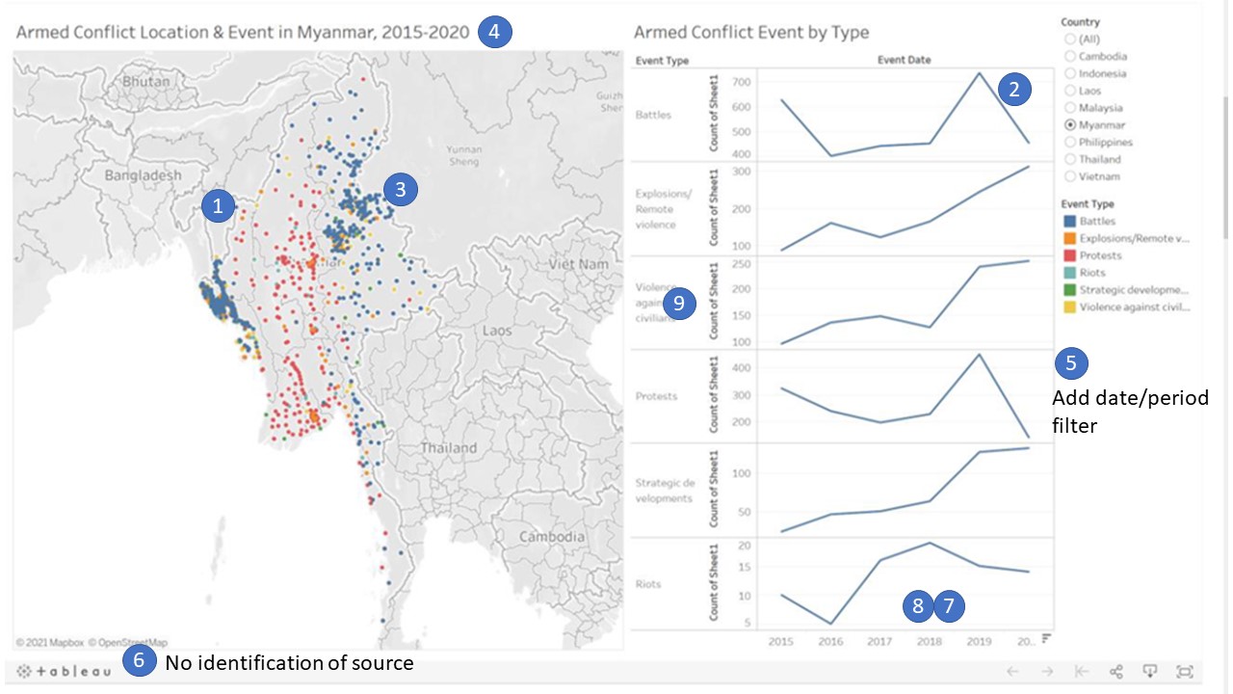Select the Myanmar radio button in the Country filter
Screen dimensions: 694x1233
[x=1070, y=125]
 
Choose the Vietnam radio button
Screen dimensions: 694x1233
[x=1070, y=176]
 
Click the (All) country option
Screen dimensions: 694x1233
[x=1070, y=40]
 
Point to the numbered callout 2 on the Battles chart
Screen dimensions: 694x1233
[x=1013, y=90]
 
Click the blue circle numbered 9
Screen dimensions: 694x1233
[x=680, y=304]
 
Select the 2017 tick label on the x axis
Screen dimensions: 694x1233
[x=879, y=641]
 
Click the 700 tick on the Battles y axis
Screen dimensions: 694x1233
[x=740, y=83]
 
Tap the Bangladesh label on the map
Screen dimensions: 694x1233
[x=143, y=175]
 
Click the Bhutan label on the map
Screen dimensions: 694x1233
[x=145, y=82]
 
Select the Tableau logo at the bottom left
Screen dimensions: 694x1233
[x=64, y=671]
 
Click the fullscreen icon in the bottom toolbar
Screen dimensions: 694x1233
[x=1185, y=672]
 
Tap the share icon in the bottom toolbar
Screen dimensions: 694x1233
[x=1116, y=672]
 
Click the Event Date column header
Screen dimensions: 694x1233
[x=904, y=60]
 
